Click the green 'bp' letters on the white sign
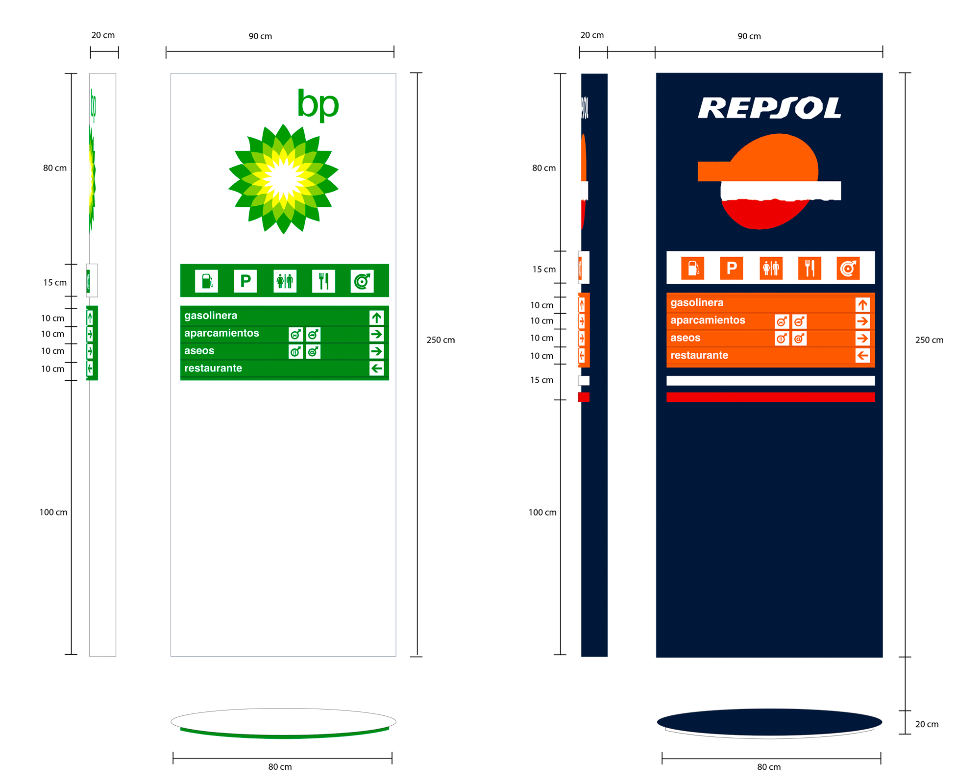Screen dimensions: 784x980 [318, 104]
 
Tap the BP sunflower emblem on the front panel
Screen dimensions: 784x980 [283, 179]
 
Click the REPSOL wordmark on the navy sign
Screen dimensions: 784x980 [769, 108]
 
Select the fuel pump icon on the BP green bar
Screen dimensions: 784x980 [207, 281]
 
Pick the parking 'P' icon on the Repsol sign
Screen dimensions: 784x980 [731, 268]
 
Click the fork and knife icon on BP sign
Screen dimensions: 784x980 [323, 281]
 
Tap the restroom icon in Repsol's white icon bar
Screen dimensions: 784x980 [771, 268]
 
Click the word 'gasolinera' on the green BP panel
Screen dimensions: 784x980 [211, 316]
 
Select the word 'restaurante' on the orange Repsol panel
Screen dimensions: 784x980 [699, 355]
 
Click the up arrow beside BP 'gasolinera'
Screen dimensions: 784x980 [376, 318]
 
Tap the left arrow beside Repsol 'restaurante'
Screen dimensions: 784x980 [862, 356]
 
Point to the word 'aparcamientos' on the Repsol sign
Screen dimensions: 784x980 [708, 320]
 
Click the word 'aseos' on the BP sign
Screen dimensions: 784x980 [199, 351]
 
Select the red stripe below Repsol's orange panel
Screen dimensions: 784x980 [770, 397]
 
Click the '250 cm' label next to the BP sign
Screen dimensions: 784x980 [441, 340]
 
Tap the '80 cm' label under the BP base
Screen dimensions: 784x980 [280, 767]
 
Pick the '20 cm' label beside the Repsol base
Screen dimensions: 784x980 [927, 724]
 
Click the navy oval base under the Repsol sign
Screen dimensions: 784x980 [769, 722]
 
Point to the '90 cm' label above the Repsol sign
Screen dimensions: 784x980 [749, 36]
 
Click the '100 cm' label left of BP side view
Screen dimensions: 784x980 [53, 513]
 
